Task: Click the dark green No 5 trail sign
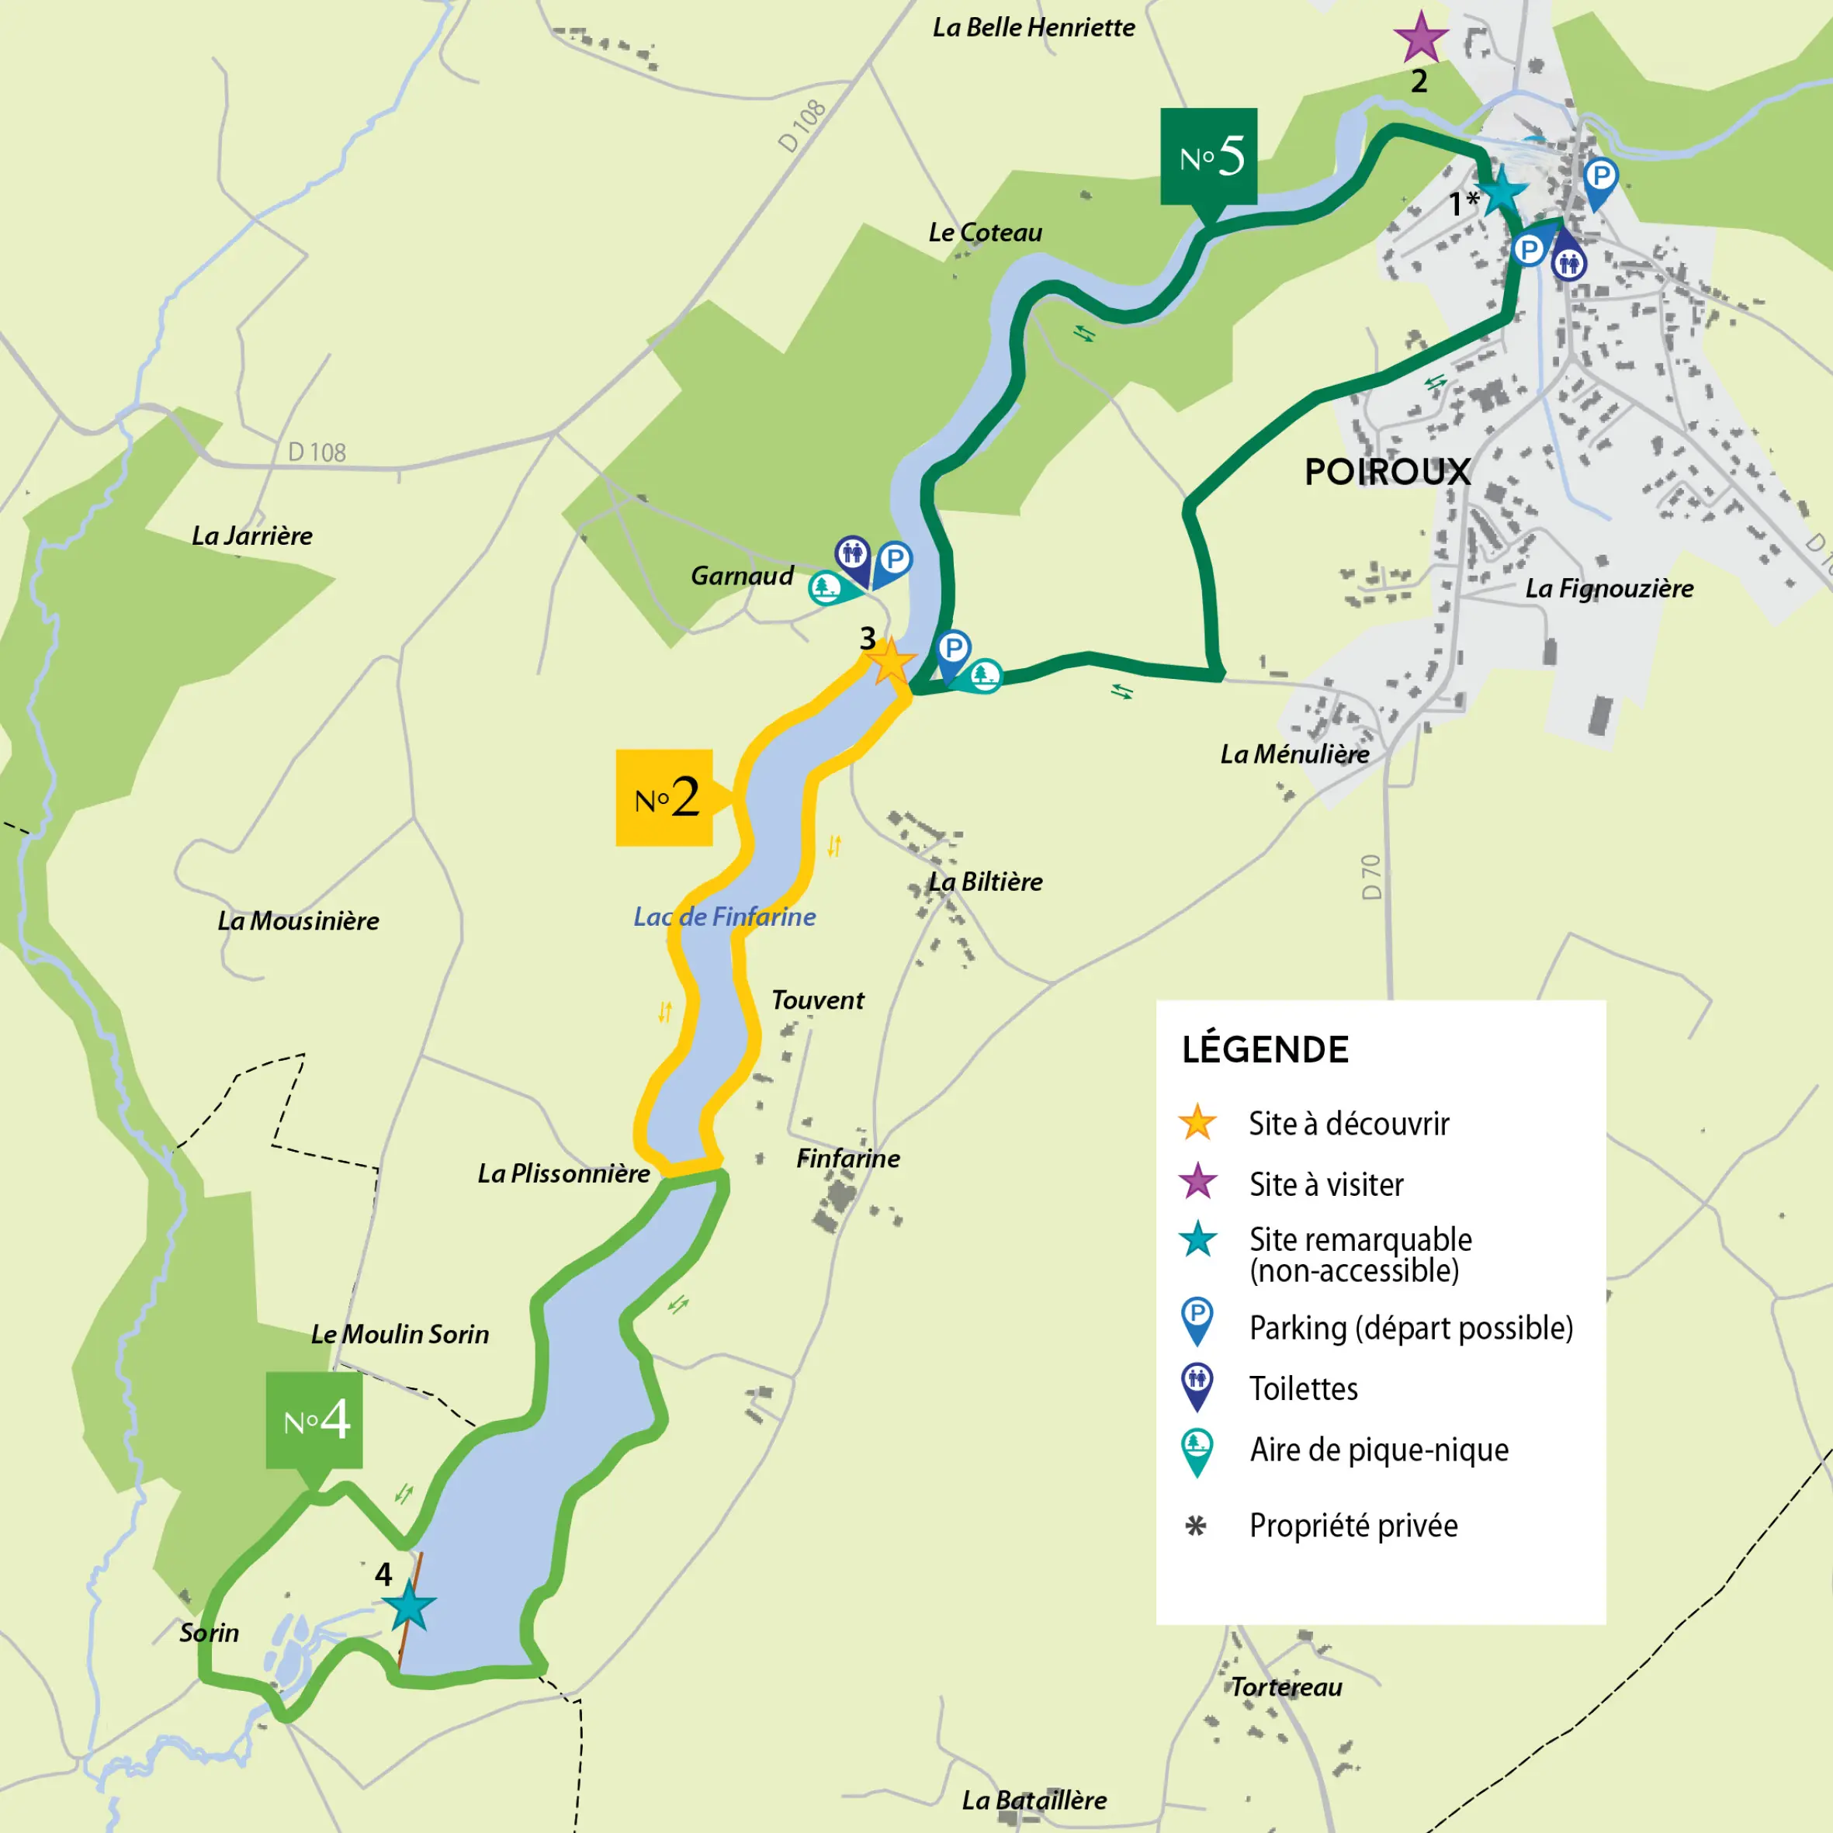(1208, 157)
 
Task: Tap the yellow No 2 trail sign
(664, 798)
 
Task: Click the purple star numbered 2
(1420, 39)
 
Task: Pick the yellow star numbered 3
(890, 662)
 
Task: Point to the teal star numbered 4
(409, 1607)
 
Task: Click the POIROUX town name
(1387, 472)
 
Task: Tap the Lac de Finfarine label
(724, 916)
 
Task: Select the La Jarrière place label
(251, 536)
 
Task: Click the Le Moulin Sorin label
(400, 1334)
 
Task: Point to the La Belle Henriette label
(1033, 27)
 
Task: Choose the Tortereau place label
(1286, 1687)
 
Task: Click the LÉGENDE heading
(1265, 1049)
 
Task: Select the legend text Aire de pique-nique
(1378, 1450)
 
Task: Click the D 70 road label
(1371, 877)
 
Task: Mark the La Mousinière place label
(298, 921)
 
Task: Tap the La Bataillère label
(1034, 1800)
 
